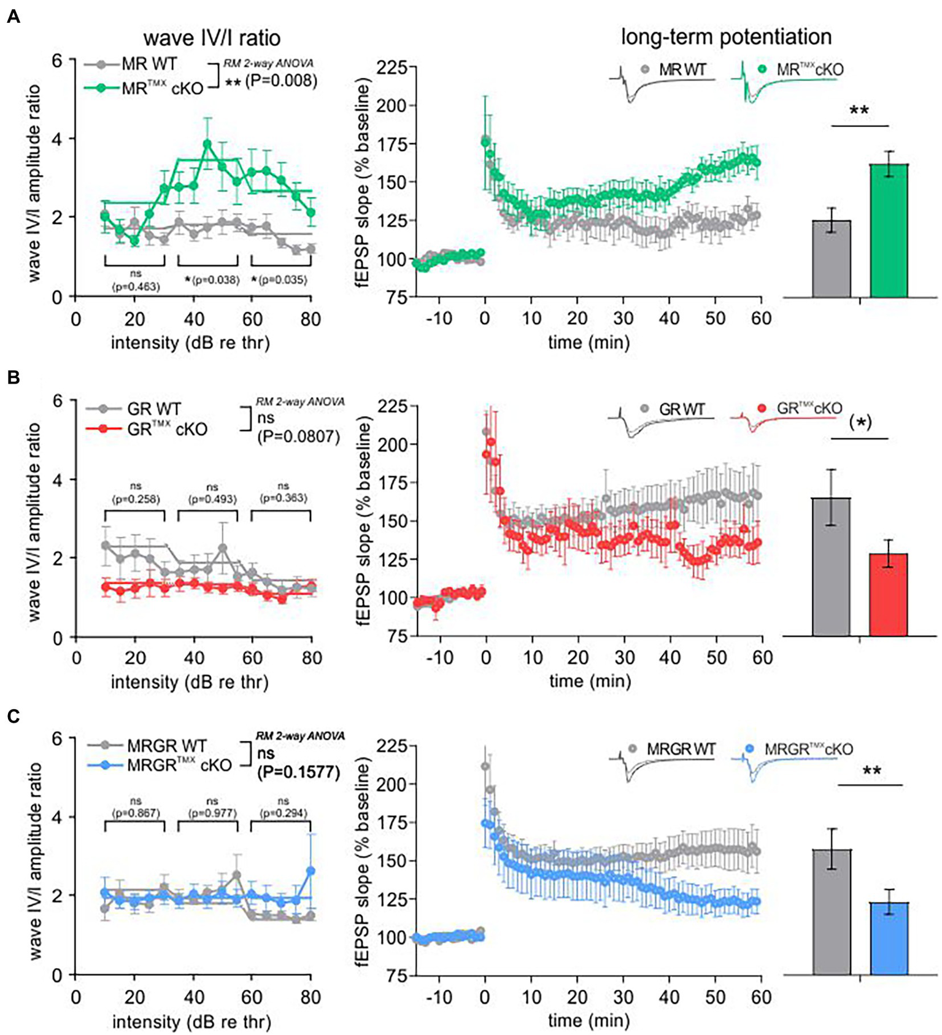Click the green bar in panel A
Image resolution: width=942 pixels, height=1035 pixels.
tap(889, 231)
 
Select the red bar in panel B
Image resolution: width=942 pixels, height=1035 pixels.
tap(888, 594)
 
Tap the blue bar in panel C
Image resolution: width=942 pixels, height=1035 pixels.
tap(889, 938)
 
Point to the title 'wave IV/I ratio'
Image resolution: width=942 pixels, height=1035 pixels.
tap(212, 38)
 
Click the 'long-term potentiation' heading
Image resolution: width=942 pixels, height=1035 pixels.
tap(726, 37)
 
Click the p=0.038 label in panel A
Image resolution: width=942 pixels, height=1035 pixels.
tap(212, 280)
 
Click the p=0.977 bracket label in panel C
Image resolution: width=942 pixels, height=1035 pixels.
tap(212, 813)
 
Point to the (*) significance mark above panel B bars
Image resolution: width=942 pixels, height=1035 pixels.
tap(860, 422)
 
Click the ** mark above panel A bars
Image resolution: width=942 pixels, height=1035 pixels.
tap(859, 111)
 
